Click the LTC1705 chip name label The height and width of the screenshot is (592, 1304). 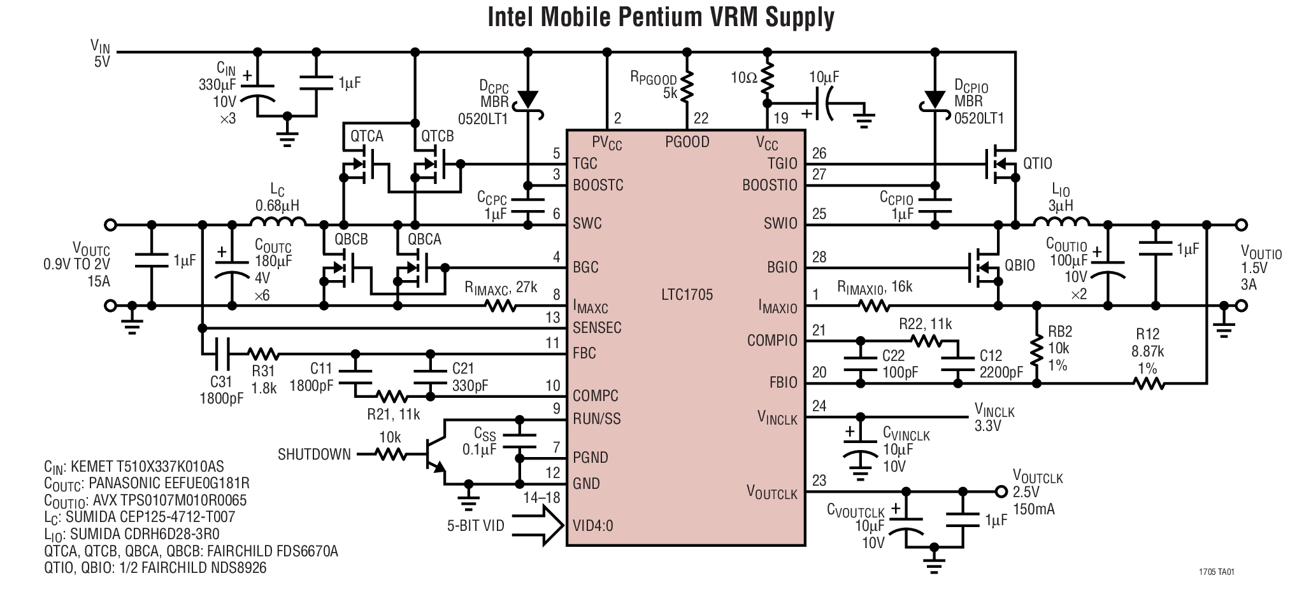[687, 295]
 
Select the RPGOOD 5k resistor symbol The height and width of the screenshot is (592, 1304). [687, 87]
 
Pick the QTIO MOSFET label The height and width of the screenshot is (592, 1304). [1038, 164]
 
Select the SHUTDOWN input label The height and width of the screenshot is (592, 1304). [314, 455]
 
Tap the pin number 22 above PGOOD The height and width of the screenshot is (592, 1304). [701, 118]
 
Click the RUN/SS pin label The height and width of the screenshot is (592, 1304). [596, 419]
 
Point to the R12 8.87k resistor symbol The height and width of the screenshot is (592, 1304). [1149, 383]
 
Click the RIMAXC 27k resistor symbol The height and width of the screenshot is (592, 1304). [501, 306]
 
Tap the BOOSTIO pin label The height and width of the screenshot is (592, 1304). [770, 185]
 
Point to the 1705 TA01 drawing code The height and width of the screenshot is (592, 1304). [1216, 572]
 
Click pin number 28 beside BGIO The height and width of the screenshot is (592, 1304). [819, 257]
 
